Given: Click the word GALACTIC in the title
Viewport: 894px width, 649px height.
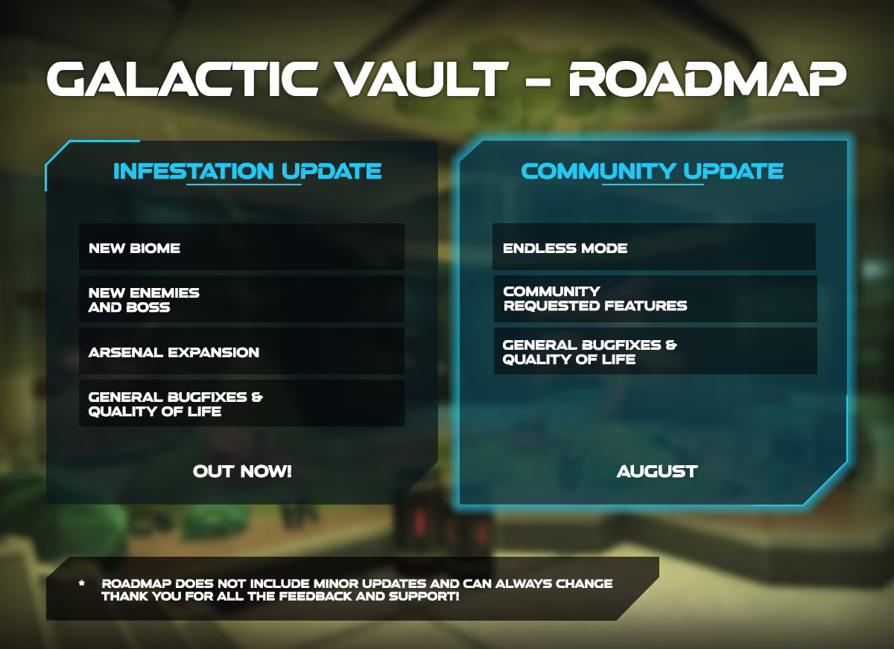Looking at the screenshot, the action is [182, 79].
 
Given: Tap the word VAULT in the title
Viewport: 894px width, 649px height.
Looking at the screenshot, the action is [421, 79].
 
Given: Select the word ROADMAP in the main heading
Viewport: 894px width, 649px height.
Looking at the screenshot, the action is [707, 79].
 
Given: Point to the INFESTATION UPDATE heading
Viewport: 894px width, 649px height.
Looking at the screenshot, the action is [247, 171].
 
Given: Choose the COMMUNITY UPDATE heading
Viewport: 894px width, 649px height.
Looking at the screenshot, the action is [652, 171].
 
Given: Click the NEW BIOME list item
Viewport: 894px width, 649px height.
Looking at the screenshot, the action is [135, 248].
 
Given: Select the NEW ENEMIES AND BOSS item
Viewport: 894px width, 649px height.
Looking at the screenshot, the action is [144, 300].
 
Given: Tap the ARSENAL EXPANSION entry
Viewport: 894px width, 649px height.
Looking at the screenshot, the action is [174, 352].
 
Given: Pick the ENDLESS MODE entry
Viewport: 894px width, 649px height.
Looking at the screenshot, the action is [565, 248].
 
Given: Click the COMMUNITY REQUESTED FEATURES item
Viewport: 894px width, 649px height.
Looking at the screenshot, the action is [595, 298].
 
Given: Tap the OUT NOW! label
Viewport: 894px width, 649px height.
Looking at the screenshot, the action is [242, 471].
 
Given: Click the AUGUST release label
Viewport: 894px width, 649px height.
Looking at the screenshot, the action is [657, 471].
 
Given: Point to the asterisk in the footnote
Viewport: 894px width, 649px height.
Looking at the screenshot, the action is [82, 584].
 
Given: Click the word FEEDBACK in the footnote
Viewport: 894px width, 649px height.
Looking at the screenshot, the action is [315, 596].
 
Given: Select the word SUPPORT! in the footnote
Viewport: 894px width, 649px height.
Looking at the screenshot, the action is [424, 596].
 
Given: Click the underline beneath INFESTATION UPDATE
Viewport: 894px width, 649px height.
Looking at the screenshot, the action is [244, 185].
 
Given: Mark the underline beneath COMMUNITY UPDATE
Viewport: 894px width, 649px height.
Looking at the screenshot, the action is [653, 185].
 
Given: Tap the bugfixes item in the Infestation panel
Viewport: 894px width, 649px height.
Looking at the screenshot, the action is [175, 404].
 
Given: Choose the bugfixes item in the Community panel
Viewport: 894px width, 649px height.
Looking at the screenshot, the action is [589, 352].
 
